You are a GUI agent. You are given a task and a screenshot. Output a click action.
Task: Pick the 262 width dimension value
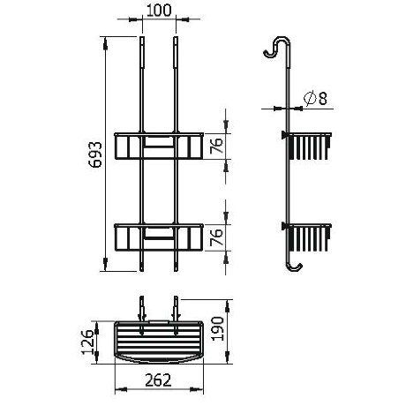[160, 380]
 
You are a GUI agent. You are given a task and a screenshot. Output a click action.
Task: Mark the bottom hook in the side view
[296, 264]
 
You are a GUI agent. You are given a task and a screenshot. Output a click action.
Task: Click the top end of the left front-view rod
[142, 40]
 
